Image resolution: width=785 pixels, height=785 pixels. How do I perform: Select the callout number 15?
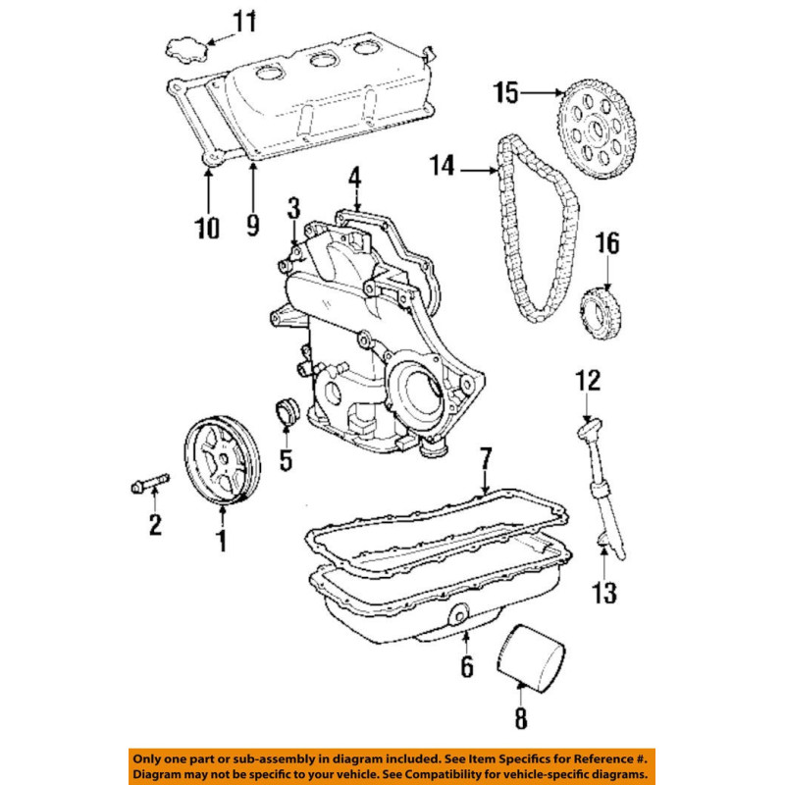pos(505,93)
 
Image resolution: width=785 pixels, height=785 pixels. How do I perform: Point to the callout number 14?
pos(442,166)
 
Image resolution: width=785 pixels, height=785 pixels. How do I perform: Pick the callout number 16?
pos(608,242)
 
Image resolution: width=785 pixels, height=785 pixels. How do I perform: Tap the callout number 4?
pos(353,178)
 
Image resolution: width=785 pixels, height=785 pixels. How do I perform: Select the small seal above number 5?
pos(286,413)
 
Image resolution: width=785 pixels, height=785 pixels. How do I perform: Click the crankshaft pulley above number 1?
pos(223,461)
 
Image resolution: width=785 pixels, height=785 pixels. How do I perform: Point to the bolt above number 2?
pos(149,484)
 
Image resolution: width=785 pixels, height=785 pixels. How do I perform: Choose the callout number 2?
pos(154,525)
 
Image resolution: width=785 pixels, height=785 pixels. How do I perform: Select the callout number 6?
pos(466,667)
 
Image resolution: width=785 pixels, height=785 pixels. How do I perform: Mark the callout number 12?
pos(587,379)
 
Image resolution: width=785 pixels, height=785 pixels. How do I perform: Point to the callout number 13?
pos(604,592)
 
